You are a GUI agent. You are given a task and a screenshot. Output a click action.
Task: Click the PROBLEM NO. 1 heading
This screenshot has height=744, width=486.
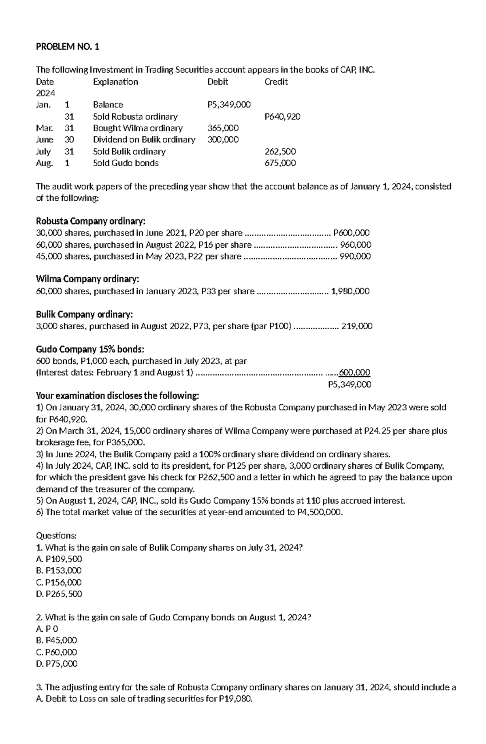pos(68,47)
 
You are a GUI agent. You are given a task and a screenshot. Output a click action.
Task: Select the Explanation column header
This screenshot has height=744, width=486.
pos(115,81)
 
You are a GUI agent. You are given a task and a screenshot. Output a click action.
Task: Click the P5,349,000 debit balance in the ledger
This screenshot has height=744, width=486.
pos(229,105)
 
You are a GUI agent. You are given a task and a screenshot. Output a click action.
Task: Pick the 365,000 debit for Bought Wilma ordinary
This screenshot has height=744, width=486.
pos(223,128)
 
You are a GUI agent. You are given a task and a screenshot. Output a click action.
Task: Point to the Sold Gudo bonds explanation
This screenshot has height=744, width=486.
pos(126,163)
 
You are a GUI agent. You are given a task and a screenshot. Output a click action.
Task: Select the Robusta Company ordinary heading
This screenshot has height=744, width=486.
pos(90,221)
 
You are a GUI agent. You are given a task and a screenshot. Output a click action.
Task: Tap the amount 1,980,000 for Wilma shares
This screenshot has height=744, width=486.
pos(350,291)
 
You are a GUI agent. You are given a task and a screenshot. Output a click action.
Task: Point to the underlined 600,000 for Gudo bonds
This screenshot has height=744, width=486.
pos(354,372)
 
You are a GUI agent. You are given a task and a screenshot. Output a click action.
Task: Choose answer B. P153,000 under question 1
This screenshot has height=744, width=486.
pos(59,570)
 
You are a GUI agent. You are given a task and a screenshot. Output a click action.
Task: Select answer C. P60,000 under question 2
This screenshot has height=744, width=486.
pos(56,652)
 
